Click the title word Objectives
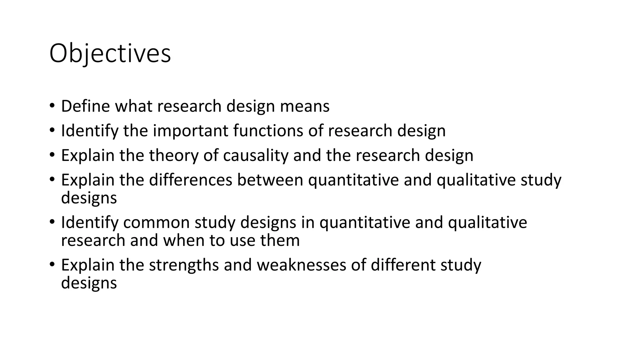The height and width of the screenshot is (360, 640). coord(110,54)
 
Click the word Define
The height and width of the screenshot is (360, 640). coord(85,106)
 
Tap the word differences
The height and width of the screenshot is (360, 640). coord(190,180)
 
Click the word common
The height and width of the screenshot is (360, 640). coord(156,222)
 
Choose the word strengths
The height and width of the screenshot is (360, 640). coord(184,265)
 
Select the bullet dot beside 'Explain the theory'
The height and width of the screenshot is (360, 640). coord(52,154)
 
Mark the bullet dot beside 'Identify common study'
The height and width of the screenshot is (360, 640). coord(52,222)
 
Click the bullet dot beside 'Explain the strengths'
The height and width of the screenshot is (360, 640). coord(52,264)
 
